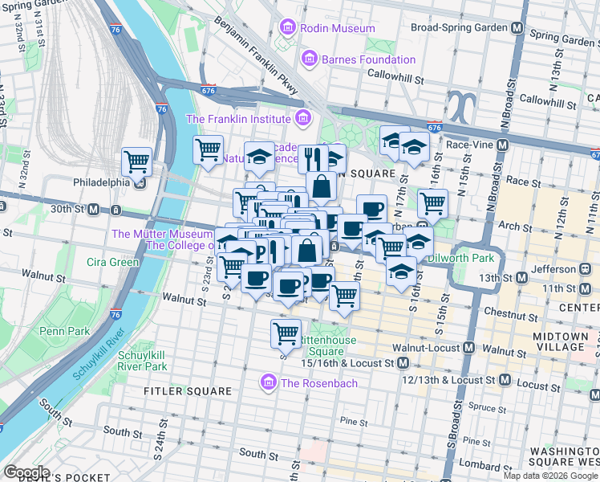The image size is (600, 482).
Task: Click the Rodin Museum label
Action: coord(326,28)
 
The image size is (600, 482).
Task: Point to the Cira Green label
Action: coord(113,262)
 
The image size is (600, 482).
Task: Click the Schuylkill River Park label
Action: coord(143,360)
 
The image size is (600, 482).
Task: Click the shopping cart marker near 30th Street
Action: coord(137,161)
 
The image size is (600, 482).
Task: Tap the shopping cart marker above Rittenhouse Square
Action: coord(286,332)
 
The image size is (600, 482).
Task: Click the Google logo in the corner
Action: coord(26,472)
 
